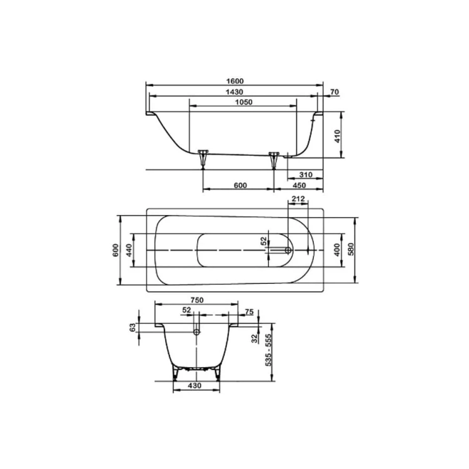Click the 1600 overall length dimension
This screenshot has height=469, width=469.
coord(234,81)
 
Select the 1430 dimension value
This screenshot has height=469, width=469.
coord(234,92)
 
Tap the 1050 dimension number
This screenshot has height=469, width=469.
coord(244,103)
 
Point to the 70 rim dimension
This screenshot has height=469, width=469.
coord(335,92)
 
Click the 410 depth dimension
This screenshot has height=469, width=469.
coord(338,136)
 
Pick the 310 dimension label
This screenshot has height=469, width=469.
coord(306,174)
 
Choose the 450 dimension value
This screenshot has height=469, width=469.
coord(299,186)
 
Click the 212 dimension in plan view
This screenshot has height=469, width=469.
coord(298,199)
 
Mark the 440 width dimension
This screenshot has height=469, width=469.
coord(129,250)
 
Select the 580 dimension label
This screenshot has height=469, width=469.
coord(351,249)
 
